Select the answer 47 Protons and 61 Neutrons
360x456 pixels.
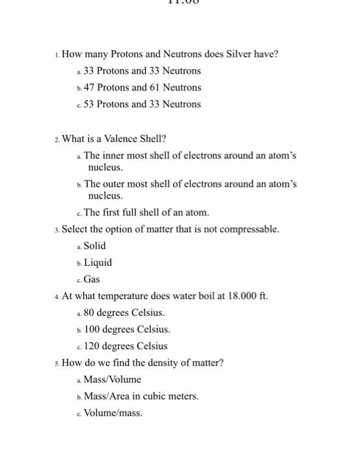click(143, 87)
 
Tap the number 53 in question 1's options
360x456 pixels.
click(90, 104)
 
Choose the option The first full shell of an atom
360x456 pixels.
click(146, 212)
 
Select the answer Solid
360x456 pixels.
click(94, 246)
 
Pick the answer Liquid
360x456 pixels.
click(98, 263)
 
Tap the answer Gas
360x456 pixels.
click(92, 279)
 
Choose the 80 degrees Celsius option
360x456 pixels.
click(124, 313)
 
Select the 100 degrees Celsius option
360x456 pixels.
click(127, 330)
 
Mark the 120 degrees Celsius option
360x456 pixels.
click(126, 347)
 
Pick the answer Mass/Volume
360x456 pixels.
click(112, 380)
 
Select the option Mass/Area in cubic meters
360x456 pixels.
click(141, 396)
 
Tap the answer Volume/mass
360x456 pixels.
click(113, 413)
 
